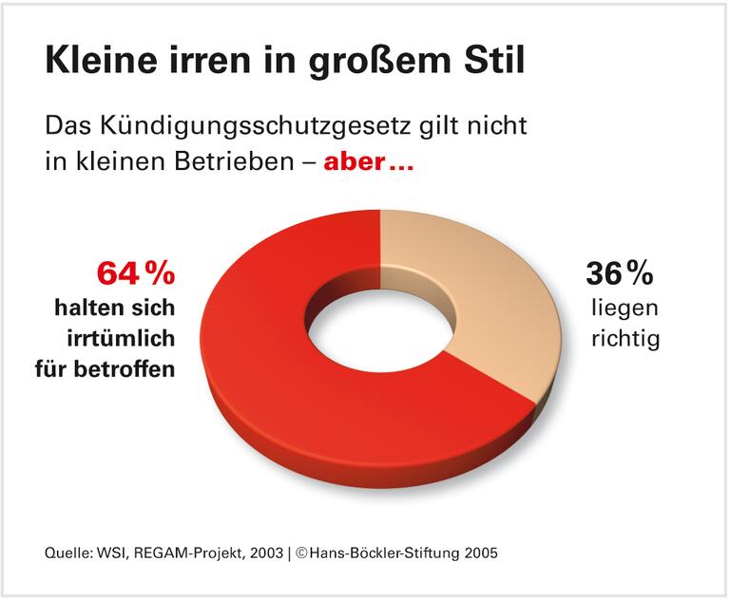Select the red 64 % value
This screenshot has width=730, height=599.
tap(135, 273)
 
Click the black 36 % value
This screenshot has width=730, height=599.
tap(619, 273)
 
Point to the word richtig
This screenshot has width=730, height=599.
tap(624, 339)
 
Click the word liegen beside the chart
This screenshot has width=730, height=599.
tap(624, 309)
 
